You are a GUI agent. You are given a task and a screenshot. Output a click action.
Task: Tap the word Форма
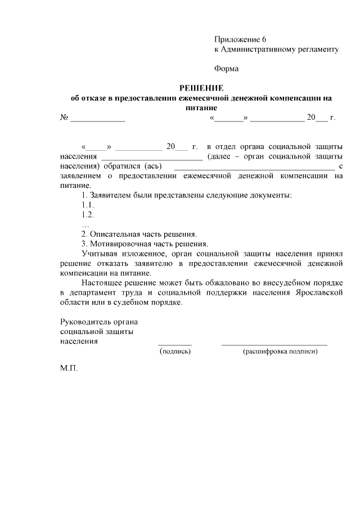click(226, 69)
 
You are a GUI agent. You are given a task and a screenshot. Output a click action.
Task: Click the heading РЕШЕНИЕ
click(201, 88)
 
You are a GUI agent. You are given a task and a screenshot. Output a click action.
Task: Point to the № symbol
click(64, 118)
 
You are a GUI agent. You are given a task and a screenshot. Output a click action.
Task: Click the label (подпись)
click(175, 352)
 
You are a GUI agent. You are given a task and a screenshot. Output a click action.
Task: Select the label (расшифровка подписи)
click(280, 352)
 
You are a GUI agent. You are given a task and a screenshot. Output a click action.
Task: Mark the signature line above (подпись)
click(175, 344)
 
